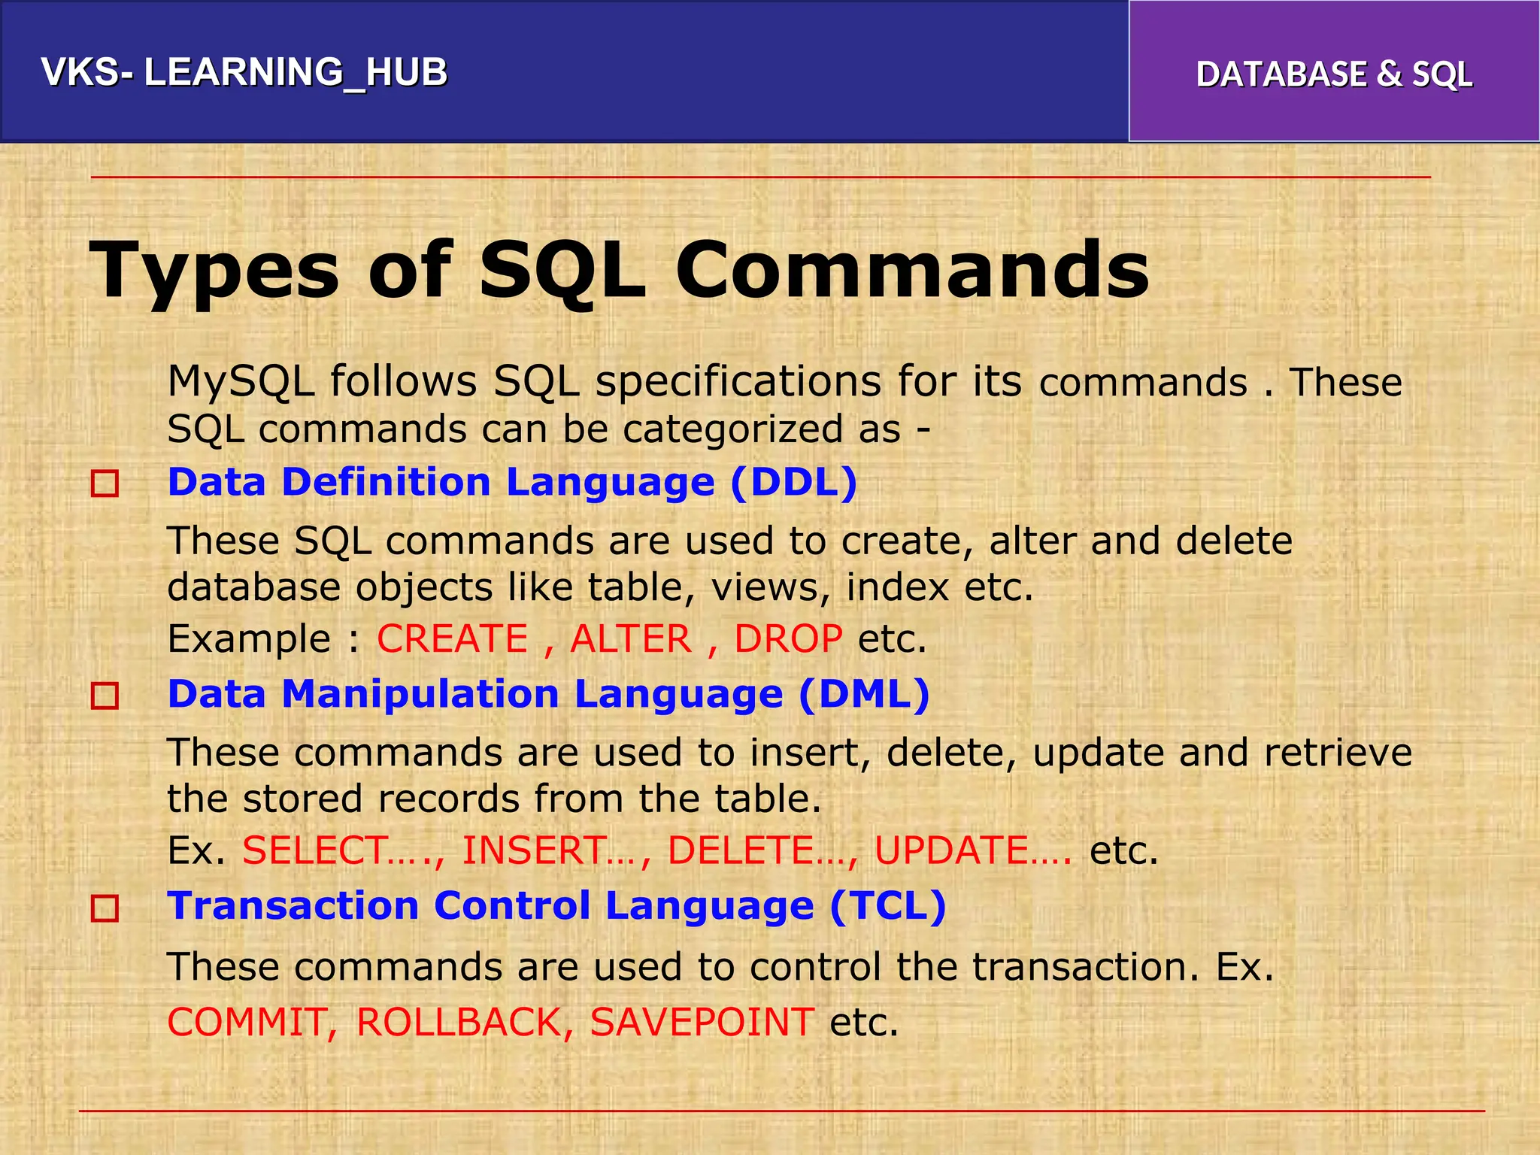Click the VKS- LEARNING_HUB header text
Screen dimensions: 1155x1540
[x=244, y=72]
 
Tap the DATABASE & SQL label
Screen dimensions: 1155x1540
[x=1334, y=74]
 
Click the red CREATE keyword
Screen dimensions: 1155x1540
[x=452, y=639]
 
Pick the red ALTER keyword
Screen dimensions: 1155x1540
[x=630, y=639]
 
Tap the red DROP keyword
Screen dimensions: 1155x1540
[x=788, y=639]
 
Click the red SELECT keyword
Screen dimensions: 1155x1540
[x=315, y=850]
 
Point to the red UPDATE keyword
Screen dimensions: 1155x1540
[x=951, y=850]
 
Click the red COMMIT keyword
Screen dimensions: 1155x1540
[x=246, y=1023]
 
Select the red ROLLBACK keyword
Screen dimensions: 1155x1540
[x=459, y=1023]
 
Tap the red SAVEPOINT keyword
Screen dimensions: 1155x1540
[x=702, y=1023]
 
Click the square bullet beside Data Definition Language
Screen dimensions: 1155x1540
[x=105, y=484]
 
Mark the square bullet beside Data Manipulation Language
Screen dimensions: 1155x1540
[x=105, y=696]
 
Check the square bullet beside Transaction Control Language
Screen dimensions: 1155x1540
[x=105, y=908]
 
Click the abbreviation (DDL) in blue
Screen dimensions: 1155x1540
[x=793, y=482]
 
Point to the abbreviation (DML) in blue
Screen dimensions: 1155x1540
[x=864, y=694]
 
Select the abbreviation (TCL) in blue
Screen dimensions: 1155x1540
[x=888, y=906]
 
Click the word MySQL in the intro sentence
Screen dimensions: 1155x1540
[x=241, y=381]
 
